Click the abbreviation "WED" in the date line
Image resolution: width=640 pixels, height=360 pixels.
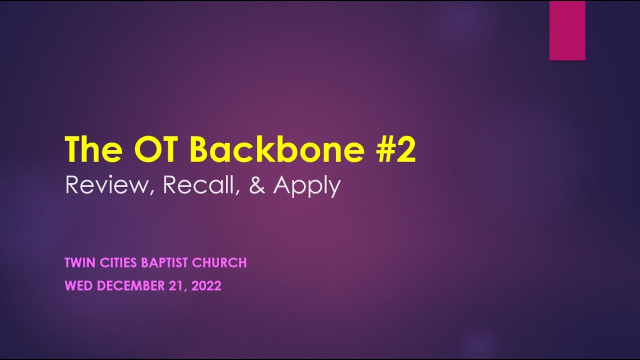click(79, 286)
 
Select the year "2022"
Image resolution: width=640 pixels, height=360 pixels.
click(206, 286)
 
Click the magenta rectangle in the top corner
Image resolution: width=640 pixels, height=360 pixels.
click(567, 31)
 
